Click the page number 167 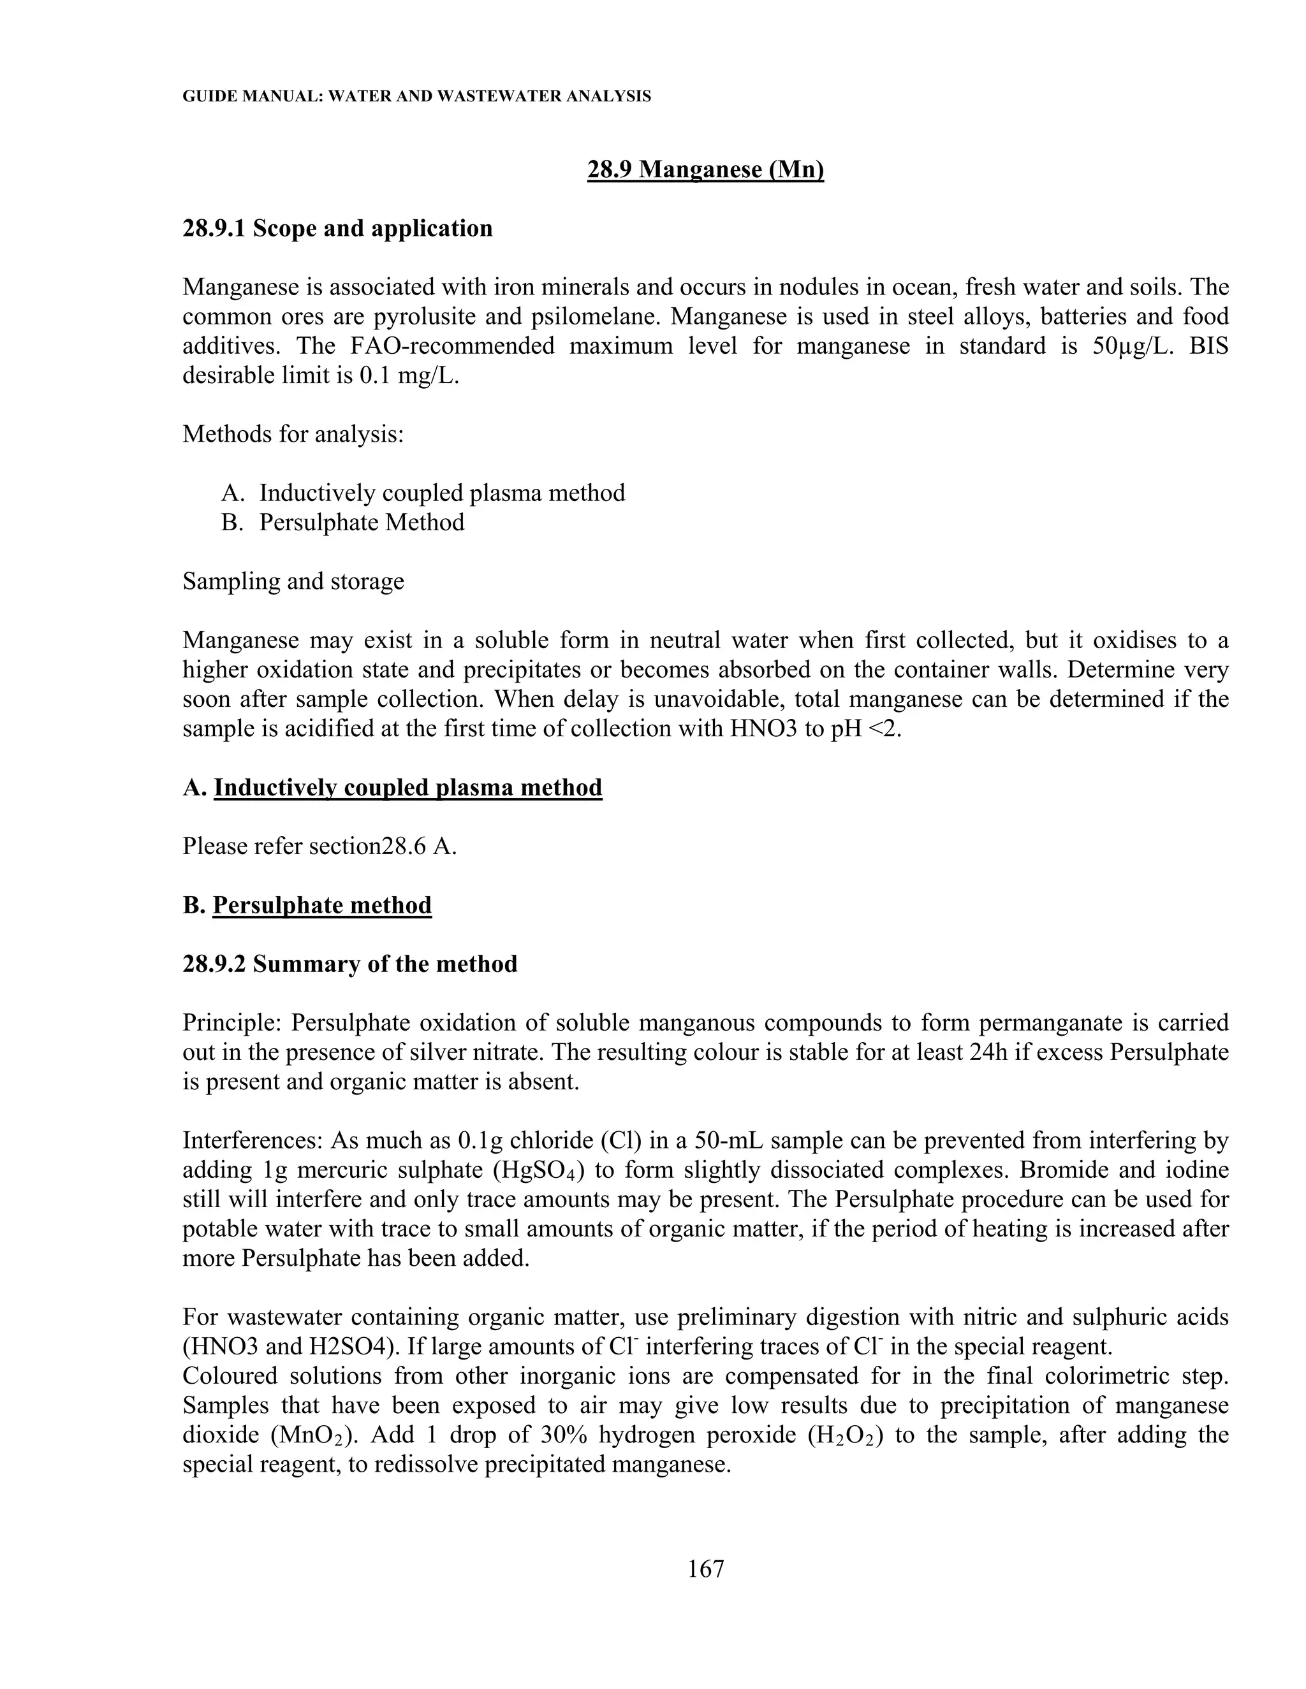coord(705,1569)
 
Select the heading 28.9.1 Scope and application coord(337,229)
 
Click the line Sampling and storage coord(293,581)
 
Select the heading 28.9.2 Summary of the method coord(349,964)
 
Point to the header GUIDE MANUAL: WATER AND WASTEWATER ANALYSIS coord(416,97)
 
